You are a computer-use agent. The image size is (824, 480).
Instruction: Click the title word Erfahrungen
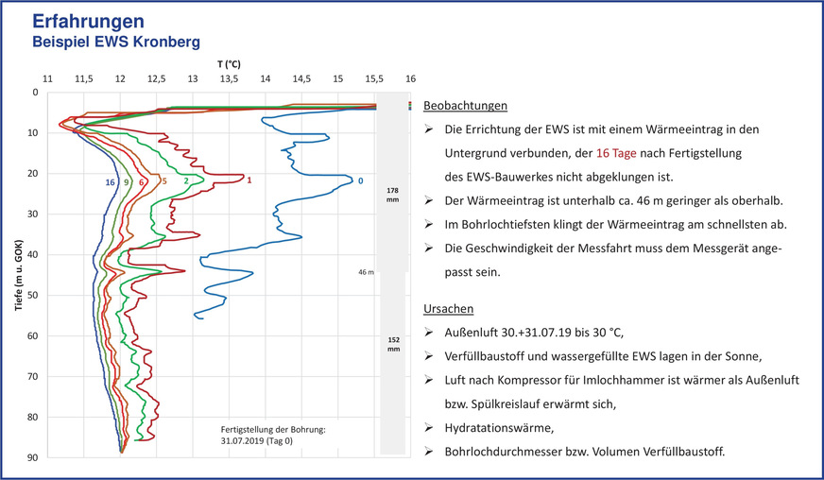(90, 22)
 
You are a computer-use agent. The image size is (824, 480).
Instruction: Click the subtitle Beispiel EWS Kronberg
(116, 43)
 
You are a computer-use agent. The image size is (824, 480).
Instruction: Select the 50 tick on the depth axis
(33, 296)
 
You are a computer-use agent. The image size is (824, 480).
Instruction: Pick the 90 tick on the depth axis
(33, 458)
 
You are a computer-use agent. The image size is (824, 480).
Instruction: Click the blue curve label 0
(360, 180)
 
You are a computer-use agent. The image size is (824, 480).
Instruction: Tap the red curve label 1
(249, 180)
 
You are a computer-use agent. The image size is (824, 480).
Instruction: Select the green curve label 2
(185, 180)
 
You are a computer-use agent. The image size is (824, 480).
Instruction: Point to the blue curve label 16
(111, 181)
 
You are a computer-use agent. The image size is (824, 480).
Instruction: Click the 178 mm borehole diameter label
(393, 195)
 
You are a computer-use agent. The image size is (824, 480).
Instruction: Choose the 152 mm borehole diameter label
(393, 342)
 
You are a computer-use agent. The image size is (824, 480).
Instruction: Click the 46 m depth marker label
(367, 272)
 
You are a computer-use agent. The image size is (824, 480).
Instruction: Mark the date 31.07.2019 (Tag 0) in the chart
(259, 440)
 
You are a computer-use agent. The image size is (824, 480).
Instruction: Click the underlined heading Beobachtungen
(466, 106)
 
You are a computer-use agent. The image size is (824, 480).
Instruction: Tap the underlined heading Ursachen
(449, 309)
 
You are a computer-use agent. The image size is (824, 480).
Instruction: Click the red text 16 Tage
(616, 152)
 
